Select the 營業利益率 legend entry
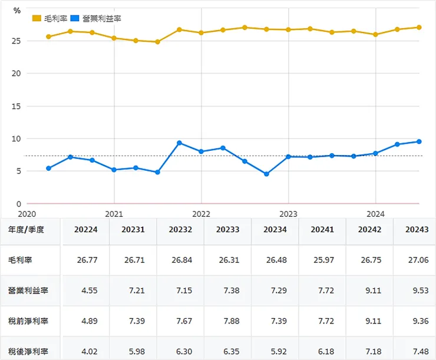pyautogui.click(x=100, y=18)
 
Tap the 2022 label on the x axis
pyautogui.click(x=201, y=214)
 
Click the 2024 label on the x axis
pyautogui.click(x=375, y=214)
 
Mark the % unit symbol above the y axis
pyautogui.click(x=16, y=11)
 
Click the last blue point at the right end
pyautogui.click(x=419, y=141)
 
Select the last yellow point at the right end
pyautogui.click(x=419, y=27)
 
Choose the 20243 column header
pyautogui.click(x=417, y=230)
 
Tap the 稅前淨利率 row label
pyautogui.click(x=29, y=321)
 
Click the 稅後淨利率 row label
pyautogui.click(x=29, y=352)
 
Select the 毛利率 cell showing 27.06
pyautogui.click(x=417, y=260)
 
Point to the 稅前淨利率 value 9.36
pyautogui.click(x=417, y=321)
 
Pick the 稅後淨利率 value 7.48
pyautogui.click(x=417, y=352)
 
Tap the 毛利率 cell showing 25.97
pyautogui.click(x=322, y=260)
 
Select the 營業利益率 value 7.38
pyautogui.click(x=227, y=290)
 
